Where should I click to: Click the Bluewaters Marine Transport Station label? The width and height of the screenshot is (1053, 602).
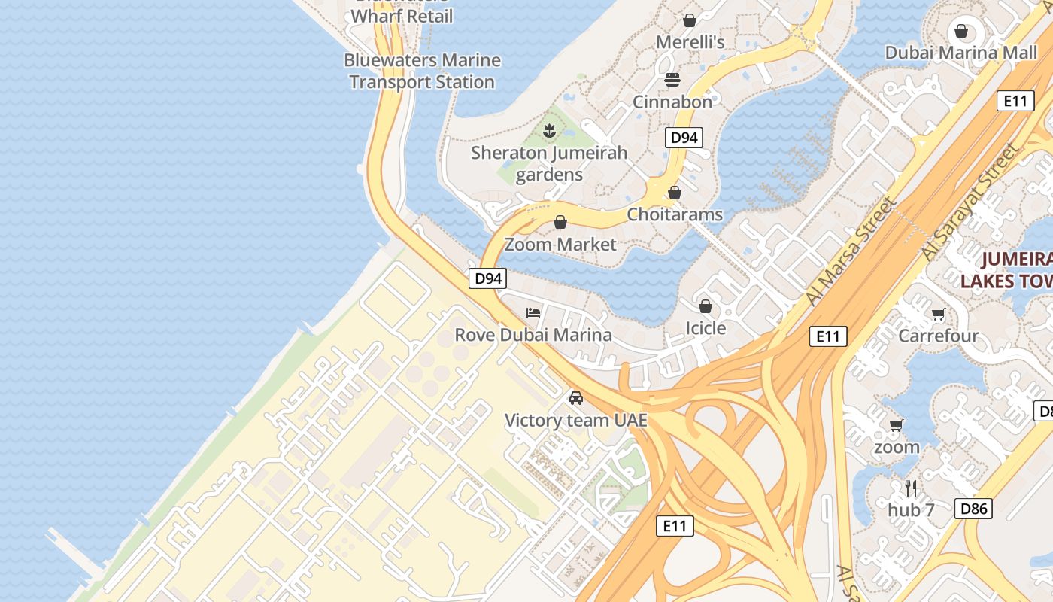(x=422, y=71)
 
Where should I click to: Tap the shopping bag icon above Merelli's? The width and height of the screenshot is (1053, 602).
(x=689, y=20)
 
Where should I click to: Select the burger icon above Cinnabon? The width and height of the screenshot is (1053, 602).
(x=672, y=80)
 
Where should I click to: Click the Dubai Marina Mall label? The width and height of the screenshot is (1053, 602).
(x=961, y=53)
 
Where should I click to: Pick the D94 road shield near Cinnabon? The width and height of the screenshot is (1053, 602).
(x=684, y=138)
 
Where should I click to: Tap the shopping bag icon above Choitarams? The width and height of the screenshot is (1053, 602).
(x=675, y=193)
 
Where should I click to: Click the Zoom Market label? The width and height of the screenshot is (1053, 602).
(x=560, y=245)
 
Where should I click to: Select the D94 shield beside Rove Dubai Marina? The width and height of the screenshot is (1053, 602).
(x=488, y=278)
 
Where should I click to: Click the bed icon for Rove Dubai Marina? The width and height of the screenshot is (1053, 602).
(x=533, y=312)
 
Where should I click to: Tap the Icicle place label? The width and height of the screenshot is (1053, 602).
(x=706, y=328)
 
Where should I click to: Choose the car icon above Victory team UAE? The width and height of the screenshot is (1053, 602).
(x=575, y=398)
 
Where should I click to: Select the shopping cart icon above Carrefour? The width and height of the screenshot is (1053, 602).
(x=938, y=315)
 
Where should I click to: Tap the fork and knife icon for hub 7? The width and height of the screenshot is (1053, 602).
(x=911, y=488)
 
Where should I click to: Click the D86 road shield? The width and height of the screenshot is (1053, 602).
(x=973, y=509)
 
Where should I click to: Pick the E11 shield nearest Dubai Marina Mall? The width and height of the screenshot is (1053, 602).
(x=1015, y=101)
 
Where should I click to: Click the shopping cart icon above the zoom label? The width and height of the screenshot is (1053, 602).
(x=896, y=426)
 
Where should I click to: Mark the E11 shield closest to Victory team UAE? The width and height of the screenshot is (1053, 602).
(x=674, y=526)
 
